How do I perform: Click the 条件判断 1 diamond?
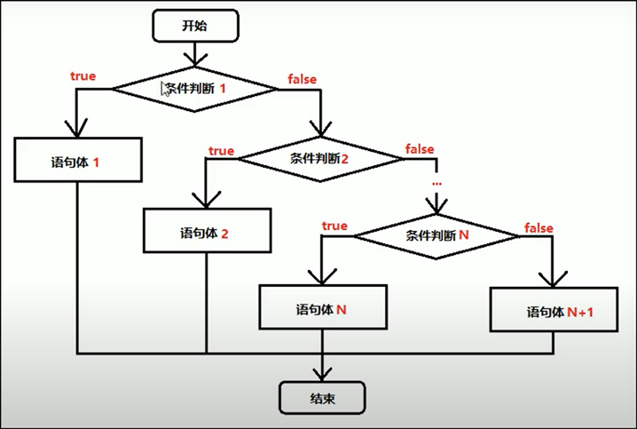(x=196, y=90)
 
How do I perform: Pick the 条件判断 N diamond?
(x=436, y=236)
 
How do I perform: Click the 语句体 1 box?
(x=77, y=164)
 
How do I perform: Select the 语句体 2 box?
(x=206, y=234)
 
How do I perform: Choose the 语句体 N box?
(x=321, y=310)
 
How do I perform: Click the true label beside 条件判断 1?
(x=83, y=76)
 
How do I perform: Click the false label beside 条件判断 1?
(x=303, y=79)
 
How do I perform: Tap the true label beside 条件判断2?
(x=221, y=151)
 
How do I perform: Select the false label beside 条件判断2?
(x=420, y=148)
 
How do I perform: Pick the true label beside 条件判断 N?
(x=334, y=226)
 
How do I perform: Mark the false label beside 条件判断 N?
(x=539, y=228)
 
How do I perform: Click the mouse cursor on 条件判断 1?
(x=165, y=88)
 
